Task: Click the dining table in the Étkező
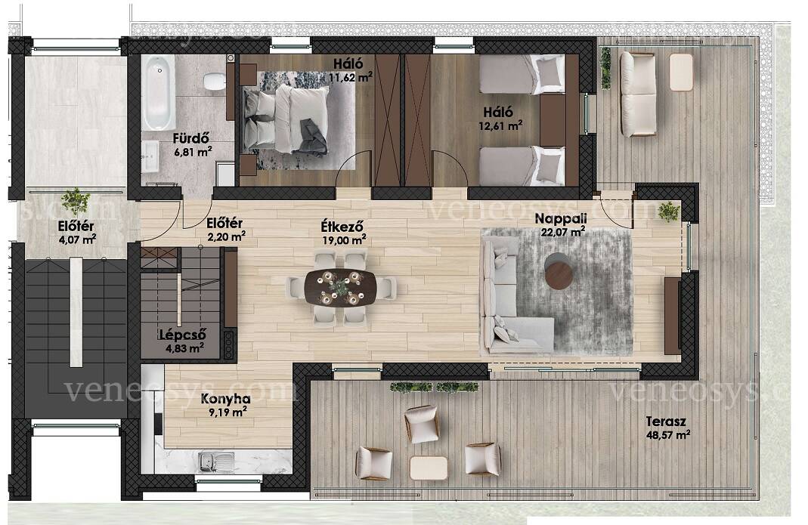341,288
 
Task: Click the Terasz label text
666,422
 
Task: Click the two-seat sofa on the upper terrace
638,94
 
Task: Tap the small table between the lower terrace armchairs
429,468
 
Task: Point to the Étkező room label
342,226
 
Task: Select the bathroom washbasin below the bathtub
151,156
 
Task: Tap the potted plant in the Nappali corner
669,212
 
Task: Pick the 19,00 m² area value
344,240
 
